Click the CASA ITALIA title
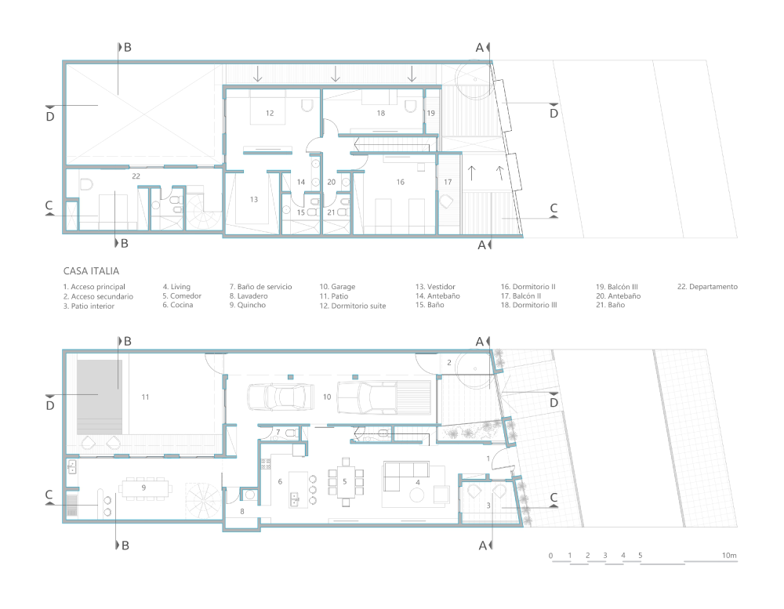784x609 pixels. coord(91,271)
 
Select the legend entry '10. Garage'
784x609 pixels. coord(337,287)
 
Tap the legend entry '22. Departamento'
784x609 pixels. coord(707,287)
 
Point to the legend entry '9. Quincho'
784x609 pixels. coord(248,305)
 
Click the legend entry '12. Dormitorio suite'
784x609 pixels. coord(353,306)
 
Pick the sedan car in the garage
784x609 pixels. coord(281,397)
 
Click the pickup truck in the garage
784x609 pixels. coord(384,397)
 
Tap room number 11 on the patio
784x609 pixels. coord(145,397)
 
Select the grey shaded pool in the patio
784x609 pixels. coord(100,397)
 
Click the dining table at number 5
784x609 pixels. coord(345,482)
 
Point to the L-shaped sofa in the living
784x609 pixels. coord(405,476)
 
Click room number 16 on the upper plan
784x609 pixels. coord(400,182)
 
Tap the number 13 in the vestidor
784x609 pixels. coord(253,200)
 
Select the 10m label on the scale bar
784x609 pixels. coord(729,556)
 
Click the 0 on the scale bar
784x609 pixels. coord(550,556)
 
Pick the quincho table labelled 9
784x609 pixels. coord(145,488)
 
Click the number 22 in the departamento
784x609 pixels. coord(136,176)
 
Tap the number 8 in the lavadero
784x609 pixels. coord(242,512)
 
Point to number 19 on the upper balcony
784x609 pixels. coord(430,113)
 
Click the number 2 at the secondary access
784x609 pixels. coord(449,362)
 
